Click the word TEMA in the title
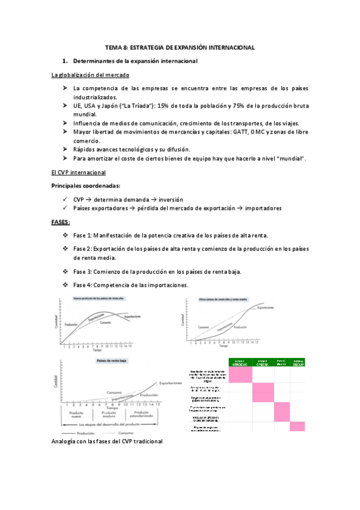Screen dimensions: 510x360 point(113,47)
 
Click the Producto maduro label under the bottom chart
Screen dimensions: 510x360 point(109,416)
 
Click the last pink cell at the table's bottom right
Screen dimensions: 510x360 point(297,426)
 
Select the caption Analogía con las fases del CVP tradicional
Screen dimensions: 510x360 point(106,441)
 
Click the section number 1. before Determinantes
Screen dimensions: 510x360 point(66,61)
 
